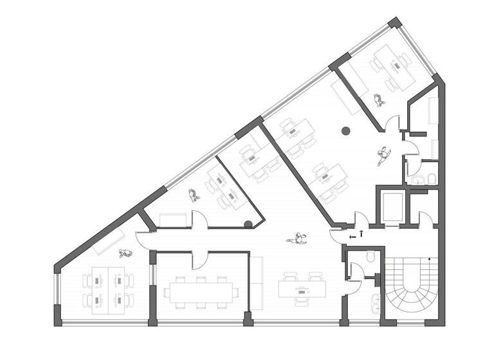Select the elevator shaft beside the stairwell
coord(392,206)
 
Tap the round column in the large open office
coord(345,131)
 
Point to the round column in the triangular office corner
coord(248,224)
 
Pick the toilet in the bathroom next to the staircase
coord(371,258)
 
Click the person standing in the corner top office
coord(380,100)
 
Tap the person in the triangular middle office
coord(192,195)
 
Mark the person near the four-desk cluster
coord(124,253)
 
